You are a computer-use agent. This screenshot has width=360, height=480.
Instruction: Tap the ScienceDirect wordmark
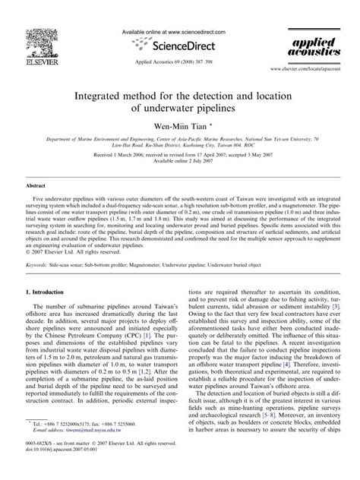tap(181, 45)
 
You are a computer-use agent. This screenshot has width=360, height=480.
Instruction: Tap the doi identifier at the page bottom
tap(56, 468)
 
